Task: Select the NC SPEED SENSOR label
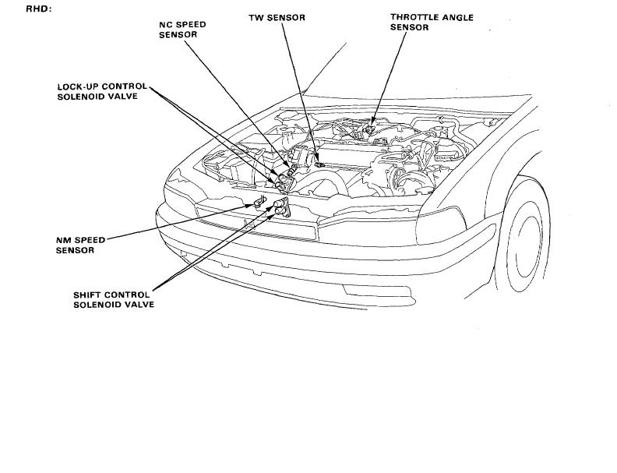182,30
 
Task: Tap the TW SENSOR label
277,17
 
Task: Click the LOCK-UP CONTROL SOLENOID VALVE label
101,91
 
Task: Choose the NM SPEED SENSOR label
80,245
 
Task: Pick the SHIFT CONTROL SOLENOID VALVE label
113,299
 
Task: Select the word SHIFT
88,295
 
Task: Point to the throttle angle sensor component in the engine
373,120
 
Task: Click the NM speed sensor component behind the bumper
260,203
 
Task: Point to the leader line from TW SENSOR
300,94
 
